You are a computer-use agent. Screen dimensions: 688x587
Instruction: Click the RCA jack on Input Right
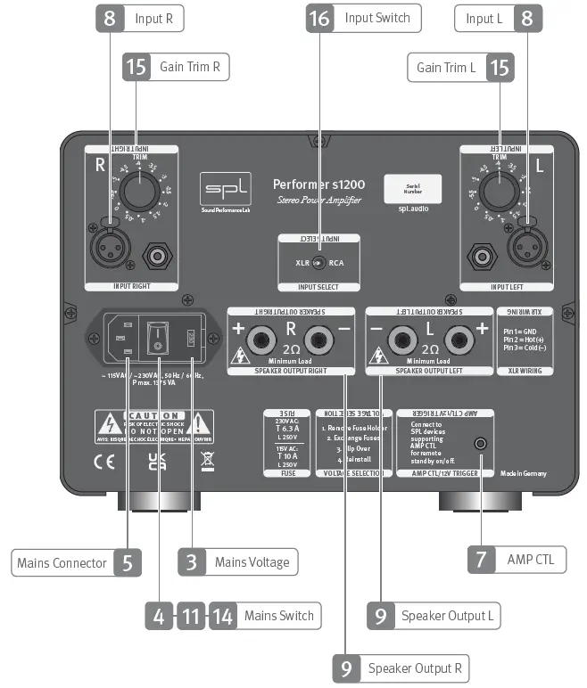[x=159, y=258]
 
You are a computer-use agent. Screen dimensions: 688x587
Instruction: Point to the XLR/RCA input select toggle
[x=318, y=263]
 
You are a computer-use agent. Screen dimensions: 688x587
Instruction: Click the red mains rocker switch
[x=158, y=337]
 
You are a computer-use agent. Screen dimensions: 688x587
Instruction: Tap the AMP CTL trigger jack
[x=482, y=443]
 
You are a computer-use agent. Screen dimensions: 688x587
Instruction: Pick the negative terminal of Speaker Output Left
[x=402, y=340]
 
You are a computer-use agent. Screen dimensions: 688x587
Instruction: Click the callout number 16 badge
[x=318, y=17]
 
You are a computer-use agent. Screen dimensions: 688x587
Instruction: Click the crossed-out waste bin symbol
[x=207, y=461]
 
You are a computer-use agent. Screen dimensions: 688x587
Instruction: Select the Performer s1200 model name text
[x=318, y=184]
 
